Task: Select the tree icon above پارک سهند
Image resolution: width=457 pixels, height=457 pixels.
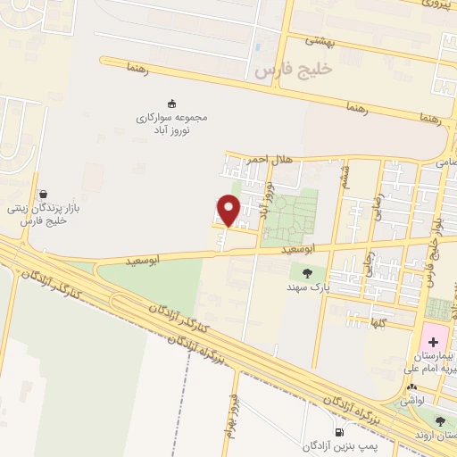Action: pos(308,273)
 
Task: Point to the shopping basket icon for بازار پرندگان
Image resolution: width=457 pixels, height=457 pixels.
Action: pos(43,193)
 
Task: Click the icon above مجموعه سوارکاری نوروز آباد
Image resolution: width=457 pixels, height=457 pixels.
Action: pos(171,103)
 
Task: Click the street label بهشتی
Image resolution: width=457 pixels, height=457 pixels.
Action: pos(318,39)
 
